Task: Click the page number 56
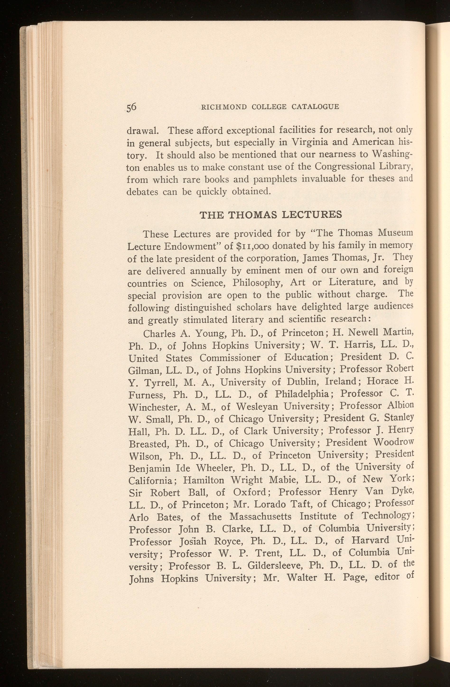click(x=131, y=107)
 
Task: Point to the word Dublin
click(x=303, y=382)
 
